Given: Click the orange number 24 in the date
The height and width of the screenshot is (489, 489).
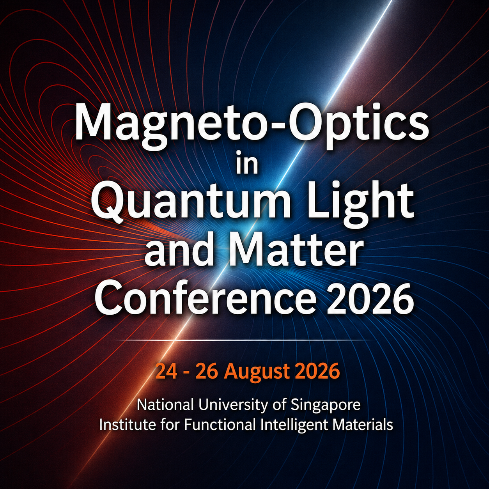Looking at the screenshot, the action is pyautogui.click(x=166, y=371).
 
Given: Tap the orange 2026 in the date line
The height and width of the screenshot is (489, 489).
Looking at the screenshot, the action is pyautogui.click(x=317, y=371).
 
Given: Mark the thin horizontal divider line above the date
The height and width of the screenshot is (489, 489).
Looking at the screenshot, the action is pyautogui.click(x=244, y=340).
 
